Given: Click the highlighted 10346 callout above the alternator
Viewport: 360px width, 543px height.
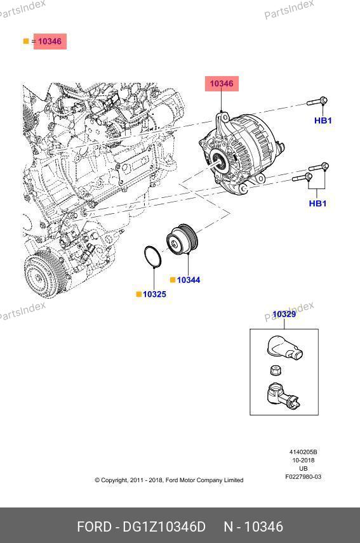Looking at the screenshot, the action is pyautogui.click(x=222, y=84).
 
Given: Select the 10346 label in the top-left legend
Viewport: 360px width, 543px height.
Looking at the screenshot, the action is pyautogui.click(x=50, y=41).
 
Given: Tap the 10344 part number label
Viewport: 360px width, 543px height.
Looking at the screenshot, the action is pyautogui.click(x=189, y=280).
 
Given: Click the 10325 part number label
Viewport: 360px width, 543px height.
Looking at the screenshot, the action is pyautogui.click(x=154, y=294).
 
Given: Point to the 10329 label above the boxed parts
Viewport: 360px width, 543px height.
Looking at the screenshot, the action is pyautogui.click(x=284, y=314).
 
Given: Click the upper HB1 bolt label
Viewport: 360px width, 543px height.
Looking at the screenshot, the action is pyautogui.click(x=323, y=121).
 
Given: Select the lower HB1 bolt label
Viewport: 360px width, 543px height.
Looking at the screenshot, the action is pyautogui.click(x=317, y=203).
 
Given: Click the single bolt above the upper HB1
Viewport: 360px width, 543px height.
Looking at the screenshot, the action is pyautogui.click(x=317, y=101).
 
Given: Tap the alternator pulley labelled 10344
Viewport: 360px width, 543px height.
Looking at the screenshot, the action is pyautogui.click(x=182, y=240).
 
